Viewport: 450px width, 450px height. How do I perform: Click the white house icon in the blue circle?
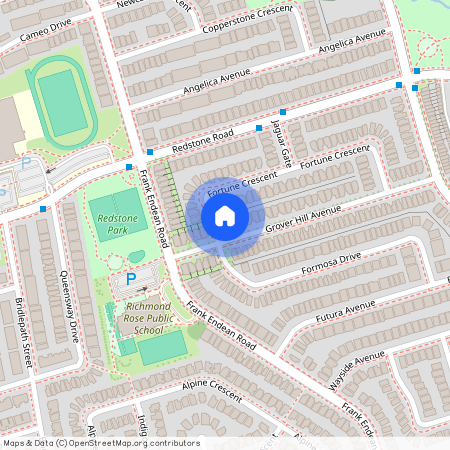(225, 216)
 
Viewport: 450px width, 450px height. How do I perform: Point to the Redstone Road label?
(202, 140)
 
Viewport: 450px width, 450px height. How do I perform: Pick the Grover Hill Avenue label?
(304, 219)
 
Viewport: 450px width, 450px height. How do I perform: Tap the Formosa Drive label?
(330, 261)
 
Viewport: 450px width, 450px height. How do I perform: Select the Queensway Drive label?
(68, 306)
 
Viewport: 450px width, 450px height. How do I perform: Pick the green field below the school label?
(162, 347)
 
